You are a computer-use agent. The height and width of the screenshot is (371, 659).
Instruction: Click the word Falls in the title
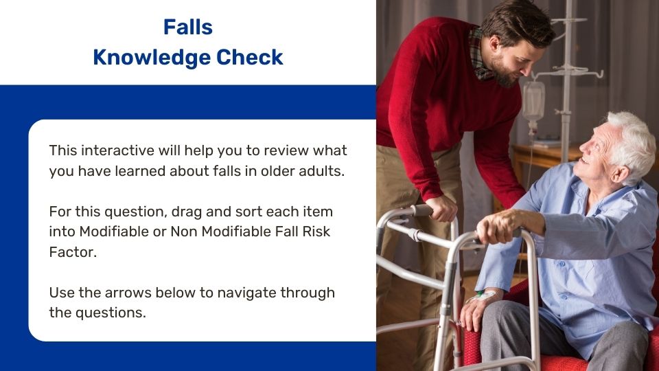pyautogui.click(x=188, y=27)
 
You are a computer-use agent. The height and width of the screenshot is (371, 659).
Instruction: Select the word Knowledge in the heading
pyautogui.click(x=151, y=57)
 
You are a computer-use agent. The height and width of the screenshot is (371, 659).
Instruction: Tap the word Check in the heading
pyautogui.click(x=250, y=57)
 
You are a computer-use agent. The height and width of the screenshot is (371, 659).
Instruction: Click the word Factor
pyautogui.click(x=73, y=252)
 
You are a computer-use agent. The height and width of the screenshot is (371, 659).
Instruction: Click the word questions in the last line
pyautogui.click(x=111, y=313)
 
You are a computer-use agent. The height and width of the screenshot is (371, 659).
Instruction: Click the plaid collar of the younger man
pyautogui.click(x=479, y=55)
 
